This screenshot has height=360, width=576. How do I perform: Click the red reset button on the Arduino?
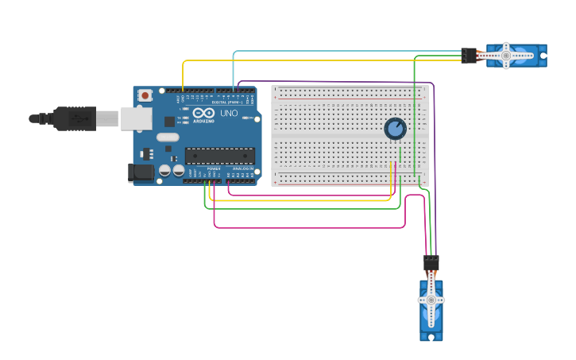[145, 95]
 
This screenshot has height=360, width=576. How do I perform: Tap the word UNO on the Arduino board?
[228, 114]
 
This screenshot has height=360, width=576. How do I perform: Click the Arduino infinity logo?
[203, 113]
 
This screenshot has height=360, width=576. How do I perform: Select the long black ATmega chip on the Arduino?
[220, 157]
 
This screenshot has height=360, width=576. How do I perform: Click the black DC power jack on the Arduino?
[141, 172]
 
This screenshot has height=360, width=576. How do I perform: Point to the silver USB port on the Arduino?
[136, 118]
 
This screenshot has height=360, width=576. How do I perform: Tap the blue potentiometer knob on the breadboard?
[395, 128]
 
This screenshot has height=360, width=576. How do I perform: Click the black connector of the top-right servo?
[469, 56]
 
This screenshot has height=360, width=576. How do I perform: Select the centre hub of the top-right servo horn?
[505, 56]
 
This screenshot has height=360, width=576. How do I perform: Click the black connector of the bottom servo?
[431, 262]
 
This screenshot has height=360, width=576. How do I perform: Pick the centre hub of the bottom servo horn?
[431, 300]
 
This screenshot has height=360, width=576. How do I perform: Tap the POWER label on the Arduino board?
[213, 169]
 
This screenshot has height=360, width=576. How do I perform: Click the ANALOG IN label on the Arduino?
[242, 169]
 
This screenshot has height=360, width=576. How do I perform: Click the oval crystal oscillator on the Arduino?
[168, 137]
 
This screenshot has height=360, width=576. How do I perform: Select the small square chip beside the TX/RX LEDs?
[169, 122]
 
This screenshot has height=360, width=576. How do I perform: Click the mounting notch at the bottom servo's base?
[431, 337]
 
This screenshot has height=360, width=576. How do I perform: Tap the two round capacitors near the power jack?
[172, 170]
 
